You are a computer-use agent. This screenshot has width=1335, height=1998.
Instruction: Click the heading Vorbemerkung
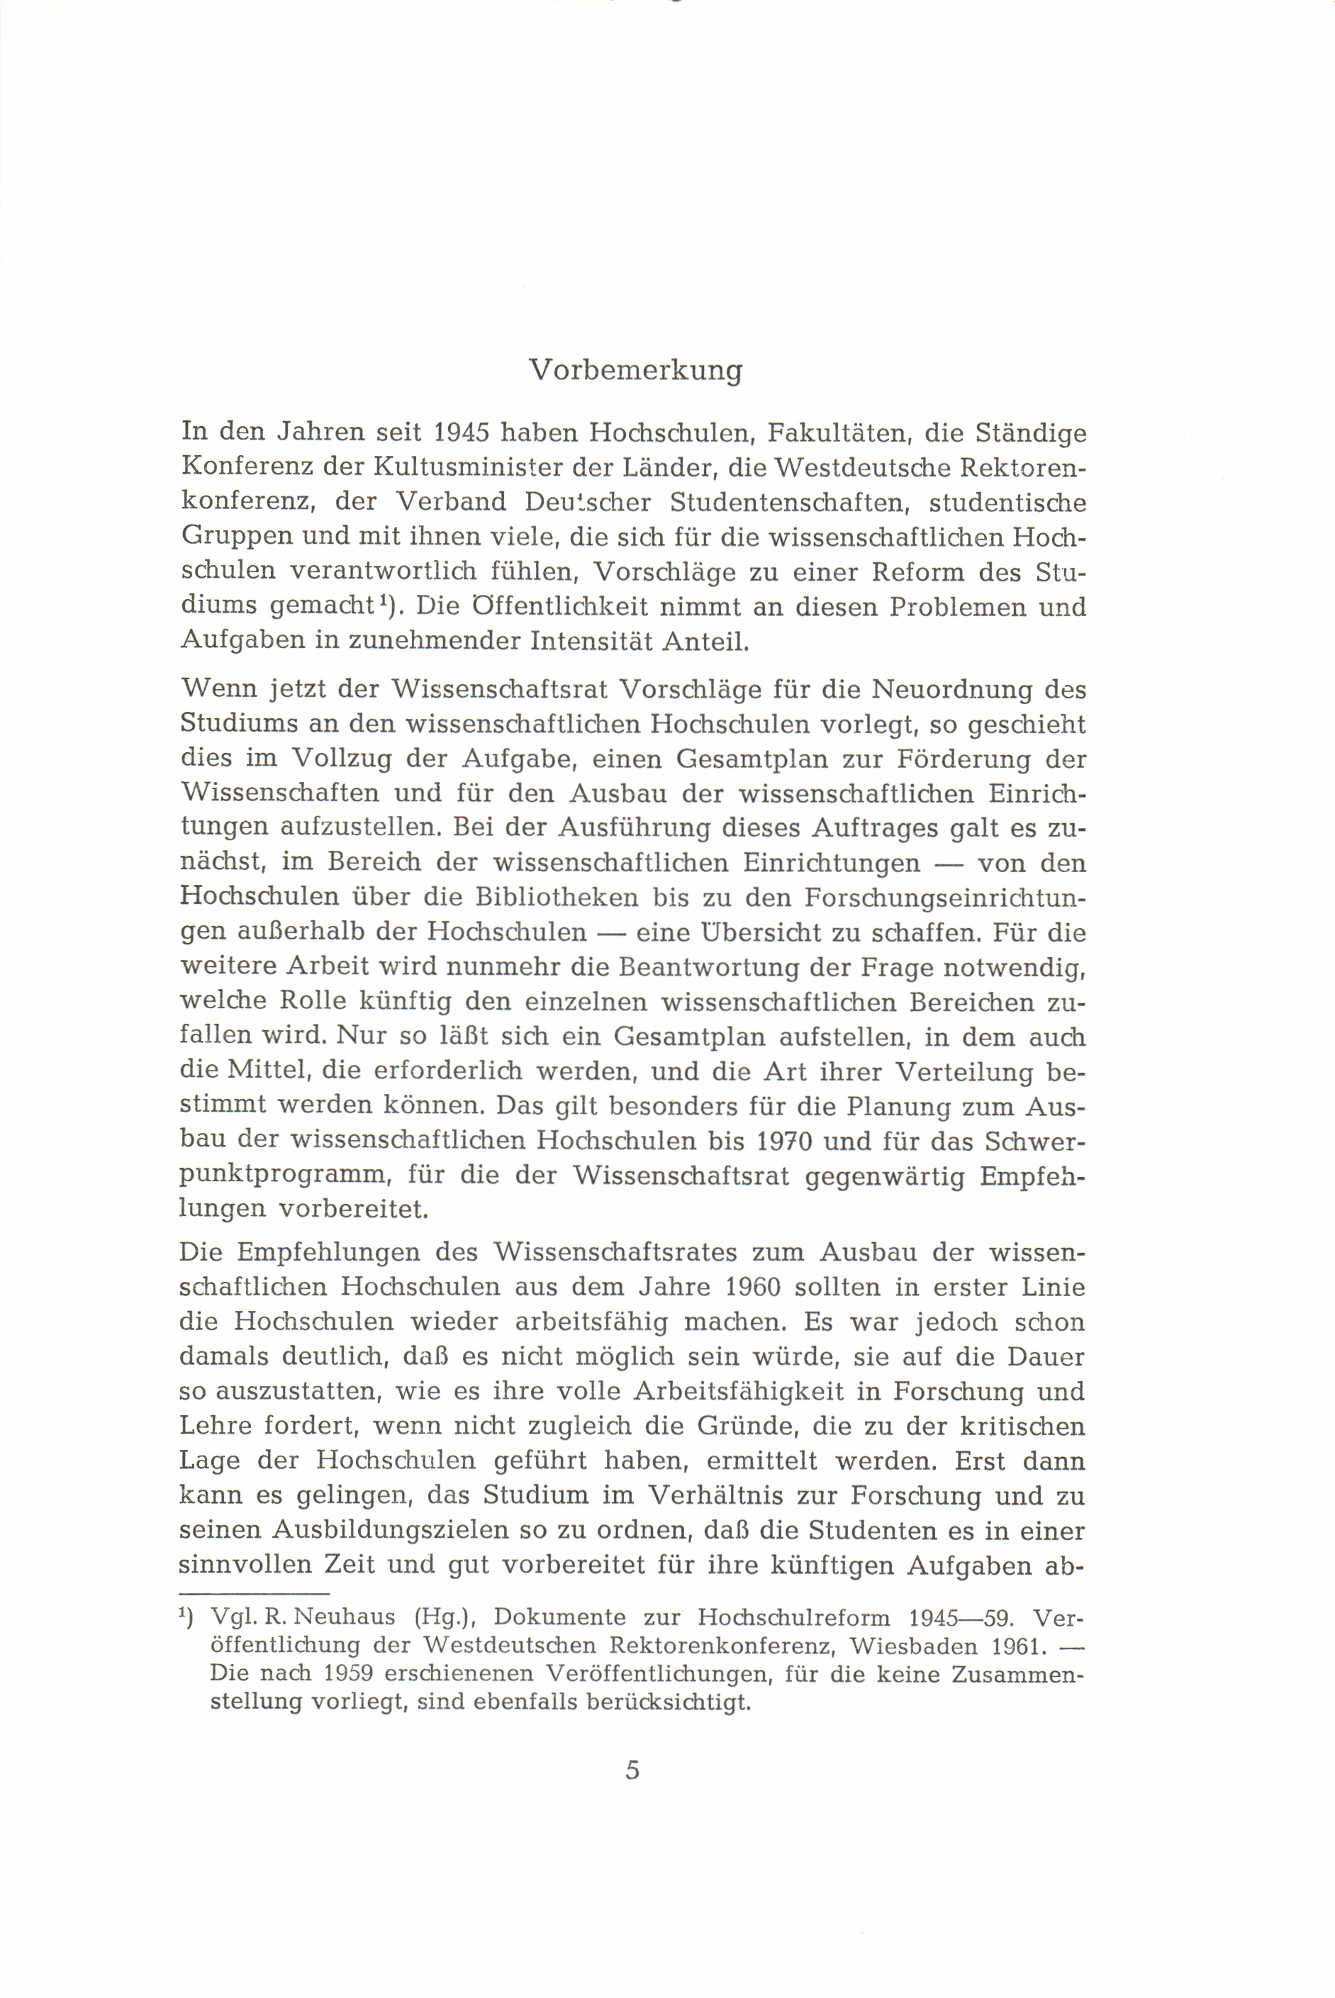[x=635, y=371]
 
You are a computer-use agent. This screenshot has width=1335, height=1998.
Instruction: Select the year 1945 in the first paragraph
[x=461, y=432]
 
